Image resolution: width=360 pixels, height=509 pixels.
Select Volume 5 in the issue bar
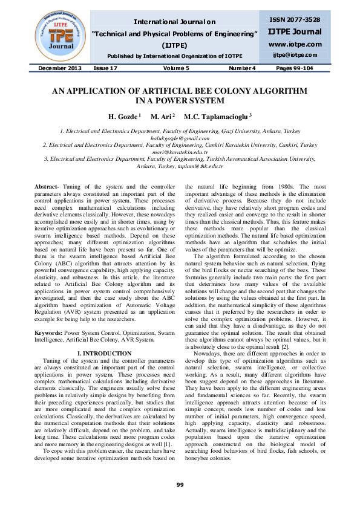[175, 69]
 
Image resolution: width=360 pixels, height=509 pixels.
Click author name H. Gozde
[124, 115]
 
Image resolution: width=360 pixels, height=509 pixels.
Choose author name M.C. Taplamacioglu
[218, 115]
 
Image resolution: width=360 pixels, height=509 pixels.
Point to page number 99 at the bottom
[180, 485]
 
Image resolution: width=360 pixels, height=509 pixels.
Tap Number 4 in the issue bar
[242, 69]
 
